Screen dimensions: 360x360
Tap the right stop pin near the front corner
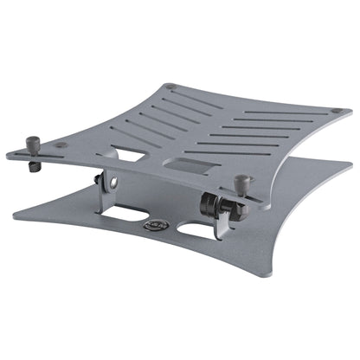pyautogui.click(x=243, y=183)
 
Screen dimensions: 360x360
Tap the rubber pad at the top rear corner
pyautogui.click(x=170, y=87)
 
